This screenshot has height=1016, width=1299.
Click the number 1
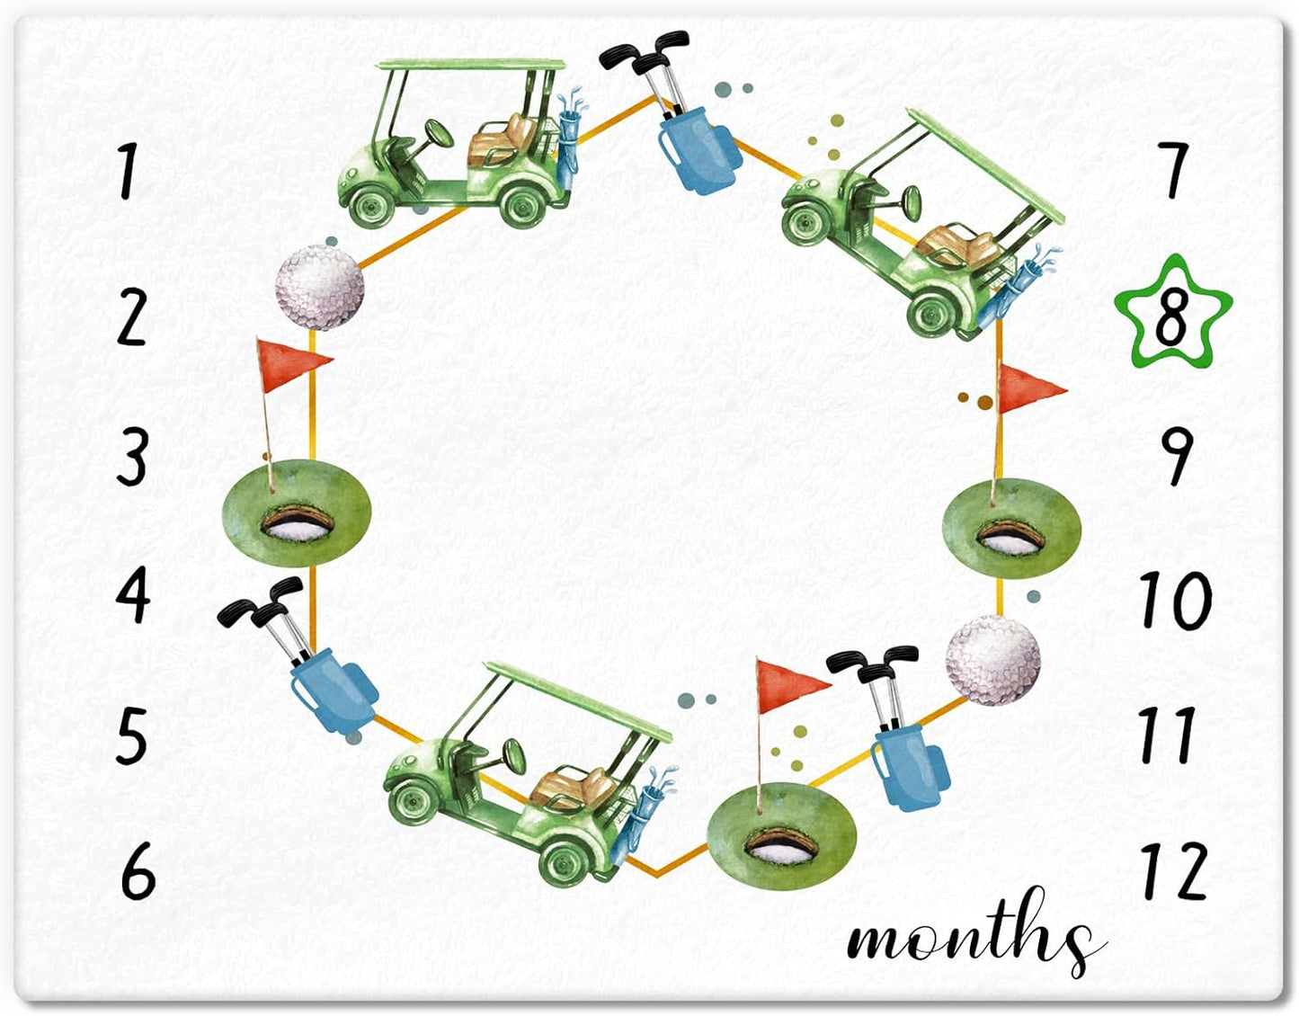pos(129,173)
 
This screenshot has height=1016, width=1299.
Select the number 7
pos(1173,170)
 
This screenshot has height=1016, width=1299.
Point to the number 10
pos(1176,600)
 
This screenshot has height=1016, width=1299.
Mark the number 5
pos(132,735)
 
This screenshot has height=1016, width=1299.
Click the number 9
pos(1176,455)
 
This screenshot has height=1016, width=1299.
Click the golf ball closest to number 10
pos(992,660)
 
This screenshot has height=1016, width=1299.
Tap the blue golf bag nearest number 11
pos(911,769)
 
